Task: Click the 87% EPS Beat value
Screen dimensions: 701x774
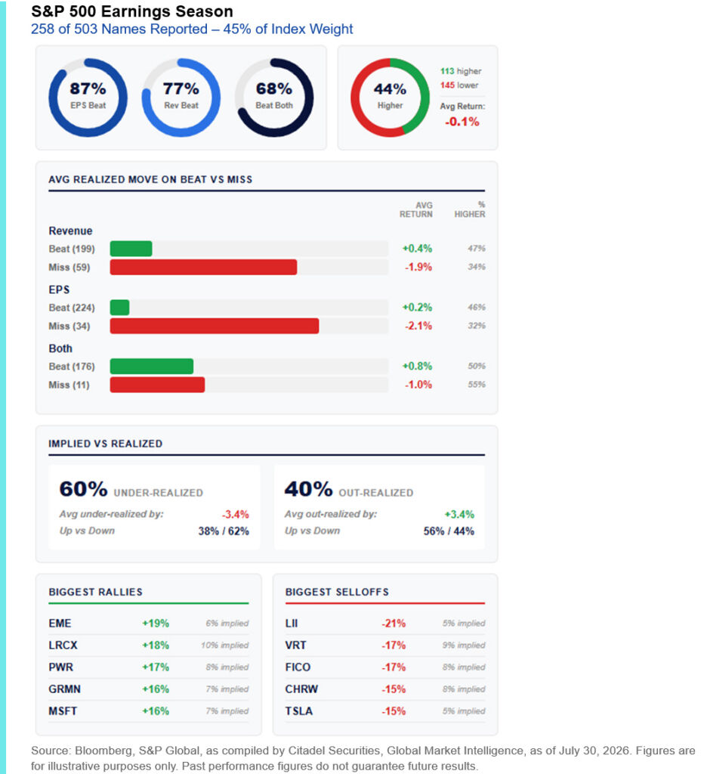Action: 88,89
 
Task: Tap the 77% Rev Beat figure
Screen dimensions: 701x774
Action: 181,89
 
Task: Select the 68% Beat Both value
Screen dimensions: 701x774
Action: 274,89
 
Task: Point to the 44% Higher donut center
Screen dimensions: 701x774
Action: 390,89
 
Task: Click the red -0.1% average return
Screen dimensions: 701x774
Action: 462,122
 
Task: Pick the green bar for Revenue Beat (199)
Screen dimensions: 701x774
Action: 131,249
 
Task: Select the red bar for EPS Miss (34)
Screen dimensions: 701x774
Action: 214,326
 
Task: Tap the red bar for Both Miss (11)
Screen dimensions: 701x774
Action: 157,385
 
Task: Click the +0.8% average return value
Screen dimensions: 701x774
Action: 417,367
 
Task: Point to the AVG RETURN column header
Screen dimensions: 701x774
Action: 416,209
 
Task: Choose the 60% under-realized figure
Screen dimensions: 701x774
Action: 83,489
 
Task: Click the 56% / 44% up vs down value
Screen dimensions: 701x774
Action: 449,531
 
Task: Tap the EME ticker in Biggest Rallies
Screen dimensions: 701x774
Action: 60,624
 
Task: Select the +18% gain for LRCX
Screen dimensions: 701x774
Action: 156,646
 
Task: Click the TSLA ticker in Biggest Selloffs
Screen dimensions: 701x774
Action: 298,711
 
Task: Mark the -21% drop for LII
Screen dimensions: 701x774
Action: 393,624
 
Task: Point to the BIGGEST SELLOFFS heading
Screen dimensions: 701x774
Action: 337,593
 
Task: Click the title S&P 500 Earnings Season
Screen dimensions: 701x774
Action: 132,11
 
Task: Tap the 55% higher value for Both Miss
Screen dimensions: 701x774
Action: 477,385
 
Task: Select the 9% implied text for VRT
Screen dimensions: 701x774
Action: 464,646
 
